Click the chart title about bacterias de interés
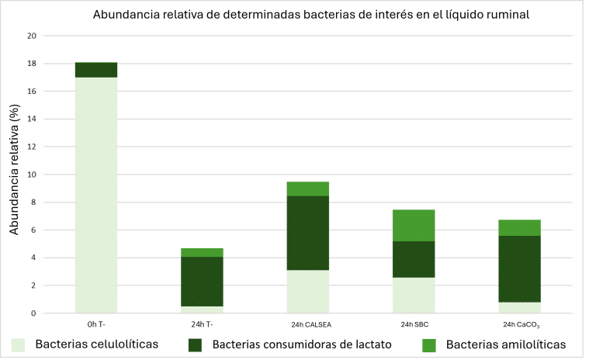click(x=311, y=16)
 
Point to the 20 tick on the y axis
click(x=32, y=36)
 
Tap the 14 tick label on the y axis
click(x=32, y=119)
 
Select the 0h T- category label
click(x=96, y=324)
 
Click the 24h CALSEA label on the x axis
click(x=308, y=324)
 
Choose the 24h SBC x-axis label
click(x=414, y=324)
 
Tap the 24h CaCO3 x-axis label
click(x=520, y=324)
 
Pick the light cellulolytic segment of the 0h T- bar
click(x=96, y=194)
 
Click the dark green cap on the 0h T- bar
click(x=96, y=70)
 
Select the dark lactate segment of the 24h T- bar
click(x=203, y=281)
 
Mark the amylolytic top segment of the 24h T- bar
click(x=203, y=252)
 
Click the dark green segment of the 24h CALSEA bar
click(x=308, y=233)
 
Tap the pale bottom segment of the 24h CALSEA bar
click(x=308, y=291)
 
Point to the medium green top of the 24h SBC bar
click(x=414, y=225)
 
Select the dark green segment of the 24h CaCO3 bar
click(x=520, y=268)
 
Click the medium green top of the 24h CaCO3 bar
click(x=520, y=227)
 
